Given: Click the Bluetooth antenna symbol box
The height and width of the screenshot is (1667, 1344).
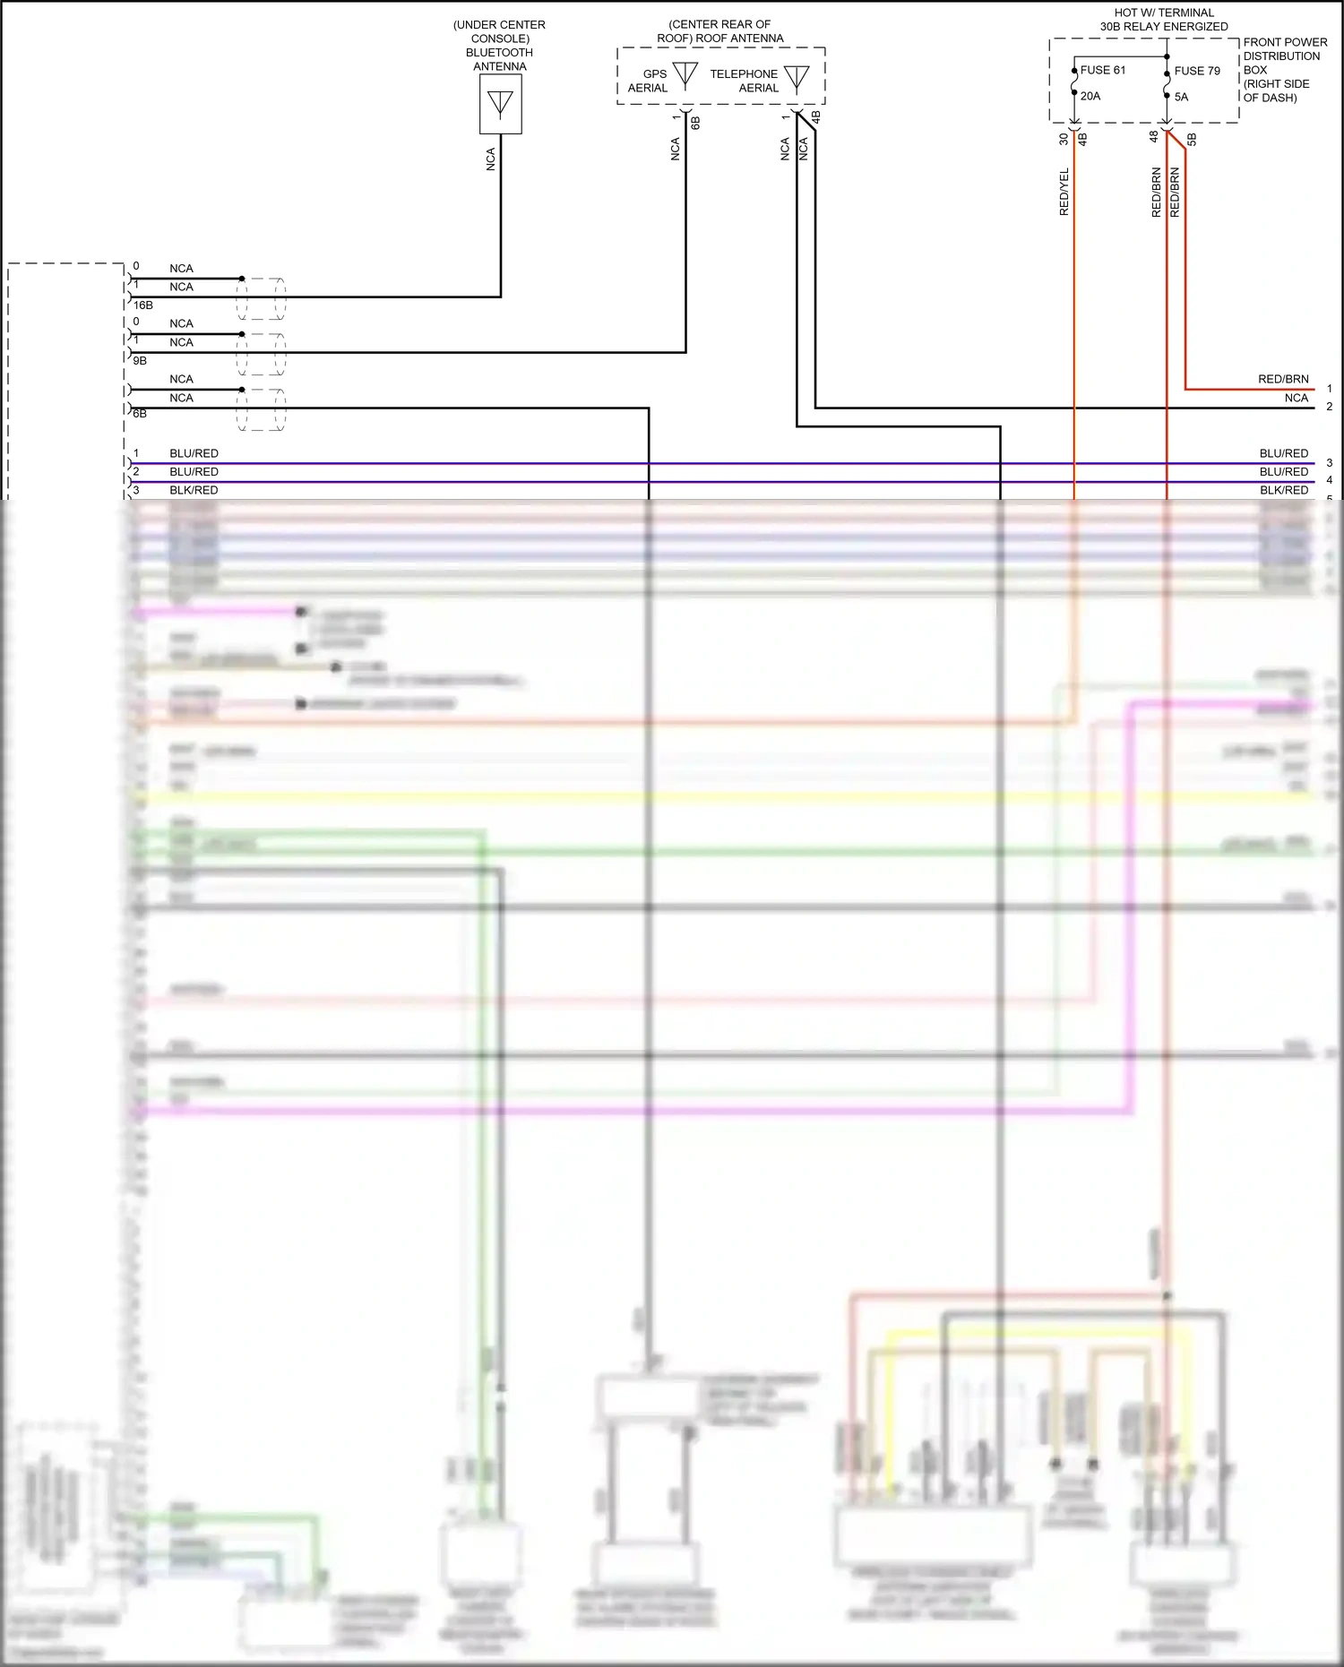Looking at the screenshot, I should [500, 104].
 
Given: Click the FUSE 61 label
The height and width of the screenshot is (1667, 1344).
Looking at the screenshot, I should [1103, 70].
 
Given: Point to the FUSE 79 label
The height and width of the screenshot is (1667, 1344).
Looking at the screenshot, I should [1197, 71].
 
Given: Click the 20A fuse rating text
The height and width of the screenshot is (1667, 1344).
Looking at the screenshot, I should [1090, 96].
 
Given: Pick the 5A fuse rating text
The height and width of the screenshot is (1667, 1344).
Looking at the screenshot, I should [1181, 97].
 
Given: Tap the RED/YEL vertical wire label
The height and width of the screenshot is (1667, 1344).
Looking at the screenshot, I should [1064, 192].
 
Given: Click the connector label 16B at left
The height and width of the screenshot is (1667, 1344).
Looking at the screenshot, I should [143, 305].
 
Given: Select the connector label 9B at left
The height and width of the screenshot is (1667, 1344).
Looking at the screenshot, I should [140, 360].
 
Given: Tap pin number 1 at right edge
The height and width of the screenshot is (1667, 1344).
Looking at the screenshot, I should [1329, 389].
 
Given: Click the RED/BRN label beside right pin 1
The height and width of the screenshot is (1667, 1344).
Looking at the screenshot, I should [1282, 379].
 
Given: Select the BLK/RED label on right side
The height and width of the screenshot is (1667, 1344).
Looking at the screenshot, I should [1283, 490].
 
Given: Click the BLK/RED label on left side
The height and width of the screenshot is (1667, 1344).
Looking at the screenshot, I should [194, 490].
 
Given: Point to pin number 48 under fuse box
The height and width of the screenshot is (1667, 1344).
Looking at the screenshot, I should [1154, 137].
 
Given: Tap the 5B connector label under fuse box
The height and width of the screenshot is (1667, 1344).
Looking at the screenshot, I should [1192, 139].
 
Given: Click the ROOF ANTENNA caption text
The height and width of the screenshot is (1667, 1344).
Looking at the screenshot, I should [719, 31].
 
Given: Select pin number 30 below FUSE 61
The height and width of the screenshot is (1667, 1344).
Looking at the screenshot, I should [1064, 139].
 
